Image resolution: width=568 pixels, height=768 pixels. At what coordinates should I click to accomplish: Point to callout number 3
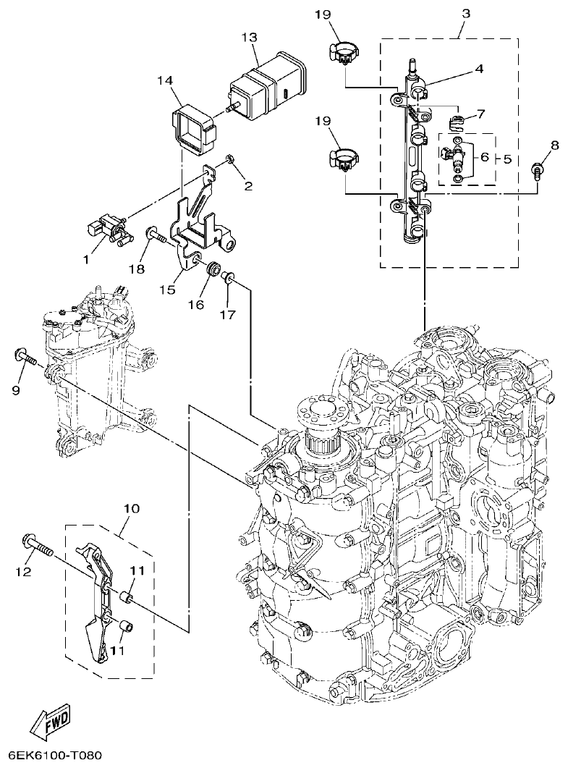click(x=465, y=13)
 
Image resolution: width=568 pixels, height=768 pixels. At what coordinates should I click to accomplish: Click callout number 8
click(x=554, y=145)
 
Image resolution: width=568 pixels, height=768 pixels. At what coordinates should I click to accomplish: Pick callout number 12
click(x=24, y=572)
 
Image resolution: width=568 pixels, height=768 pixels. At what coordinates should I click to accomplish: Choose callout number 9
click(x=17, y=390)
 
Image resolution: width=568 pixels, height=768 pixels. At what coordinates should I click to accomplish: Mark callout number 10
click(x=131, y=509)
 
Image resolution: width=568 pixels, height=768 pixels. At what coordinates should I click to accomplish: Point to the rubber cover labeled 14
click(x=195, y=130)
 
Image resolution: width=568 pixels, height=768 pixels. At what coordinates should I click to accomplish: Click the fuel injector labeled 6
click(x=457, y=156)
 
